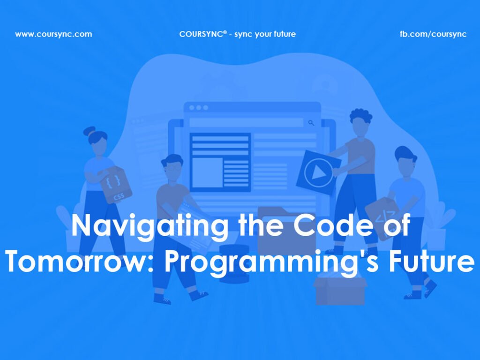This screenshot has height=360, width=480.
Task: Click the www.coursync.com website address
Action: point(53,34)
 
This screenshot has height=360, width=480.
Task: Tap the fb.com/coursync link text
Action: point(433,34)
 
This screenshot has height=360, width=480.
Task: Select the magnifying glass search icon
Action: point(311,123)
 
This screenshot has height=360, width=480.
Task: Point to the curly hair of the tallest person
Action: point(360,115)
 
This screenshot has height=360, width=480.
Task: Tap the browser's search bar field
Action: point(246,123)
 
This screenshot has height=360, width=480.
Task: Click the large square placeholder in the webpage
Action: point(207,172)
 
